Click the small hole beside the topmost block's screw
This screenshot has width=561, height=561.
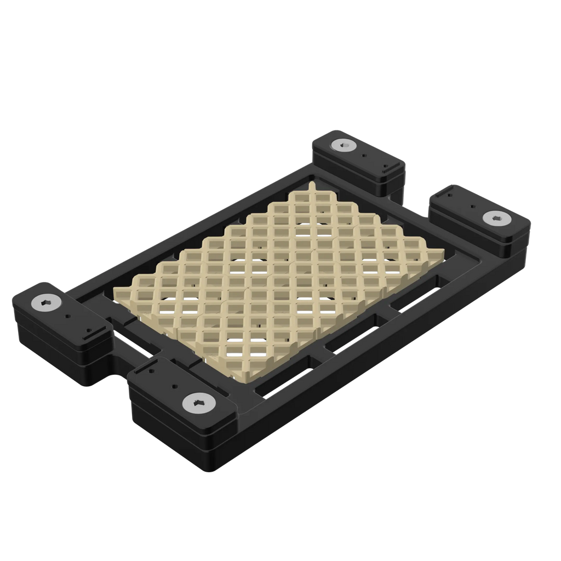(x=363, y=156)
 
